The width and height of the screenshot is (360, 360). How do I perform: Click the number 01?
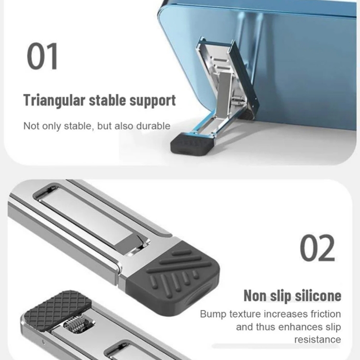click(x=42, y=56)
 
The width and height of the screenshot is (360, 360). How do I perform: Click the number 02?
click(x=317, y=248)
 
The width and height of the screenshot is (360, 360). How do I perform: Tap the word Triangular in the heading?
click(x=54, y=101)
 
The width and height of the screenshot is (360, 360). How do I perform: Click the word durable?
click(x=153, y=126)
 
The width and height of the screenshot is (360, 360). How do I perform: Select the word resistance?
click(x=318, y=339)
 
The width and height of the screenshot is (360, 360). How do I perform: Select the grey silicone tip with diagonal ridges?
click(x=174, y=278)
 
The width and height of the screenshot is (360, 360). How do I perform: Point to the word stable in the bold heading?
click(x=107, y=101)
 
